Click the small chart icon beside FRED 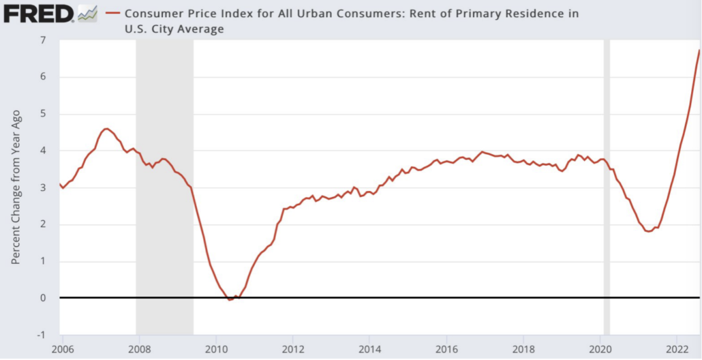(87, 13)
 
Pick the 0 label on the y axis (43, 298)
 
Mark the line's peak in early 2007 (106, 128)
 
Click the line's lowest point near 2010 (230, 299)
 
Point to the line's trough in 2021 (648, 231)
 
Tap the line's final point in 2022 (699, 50)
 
